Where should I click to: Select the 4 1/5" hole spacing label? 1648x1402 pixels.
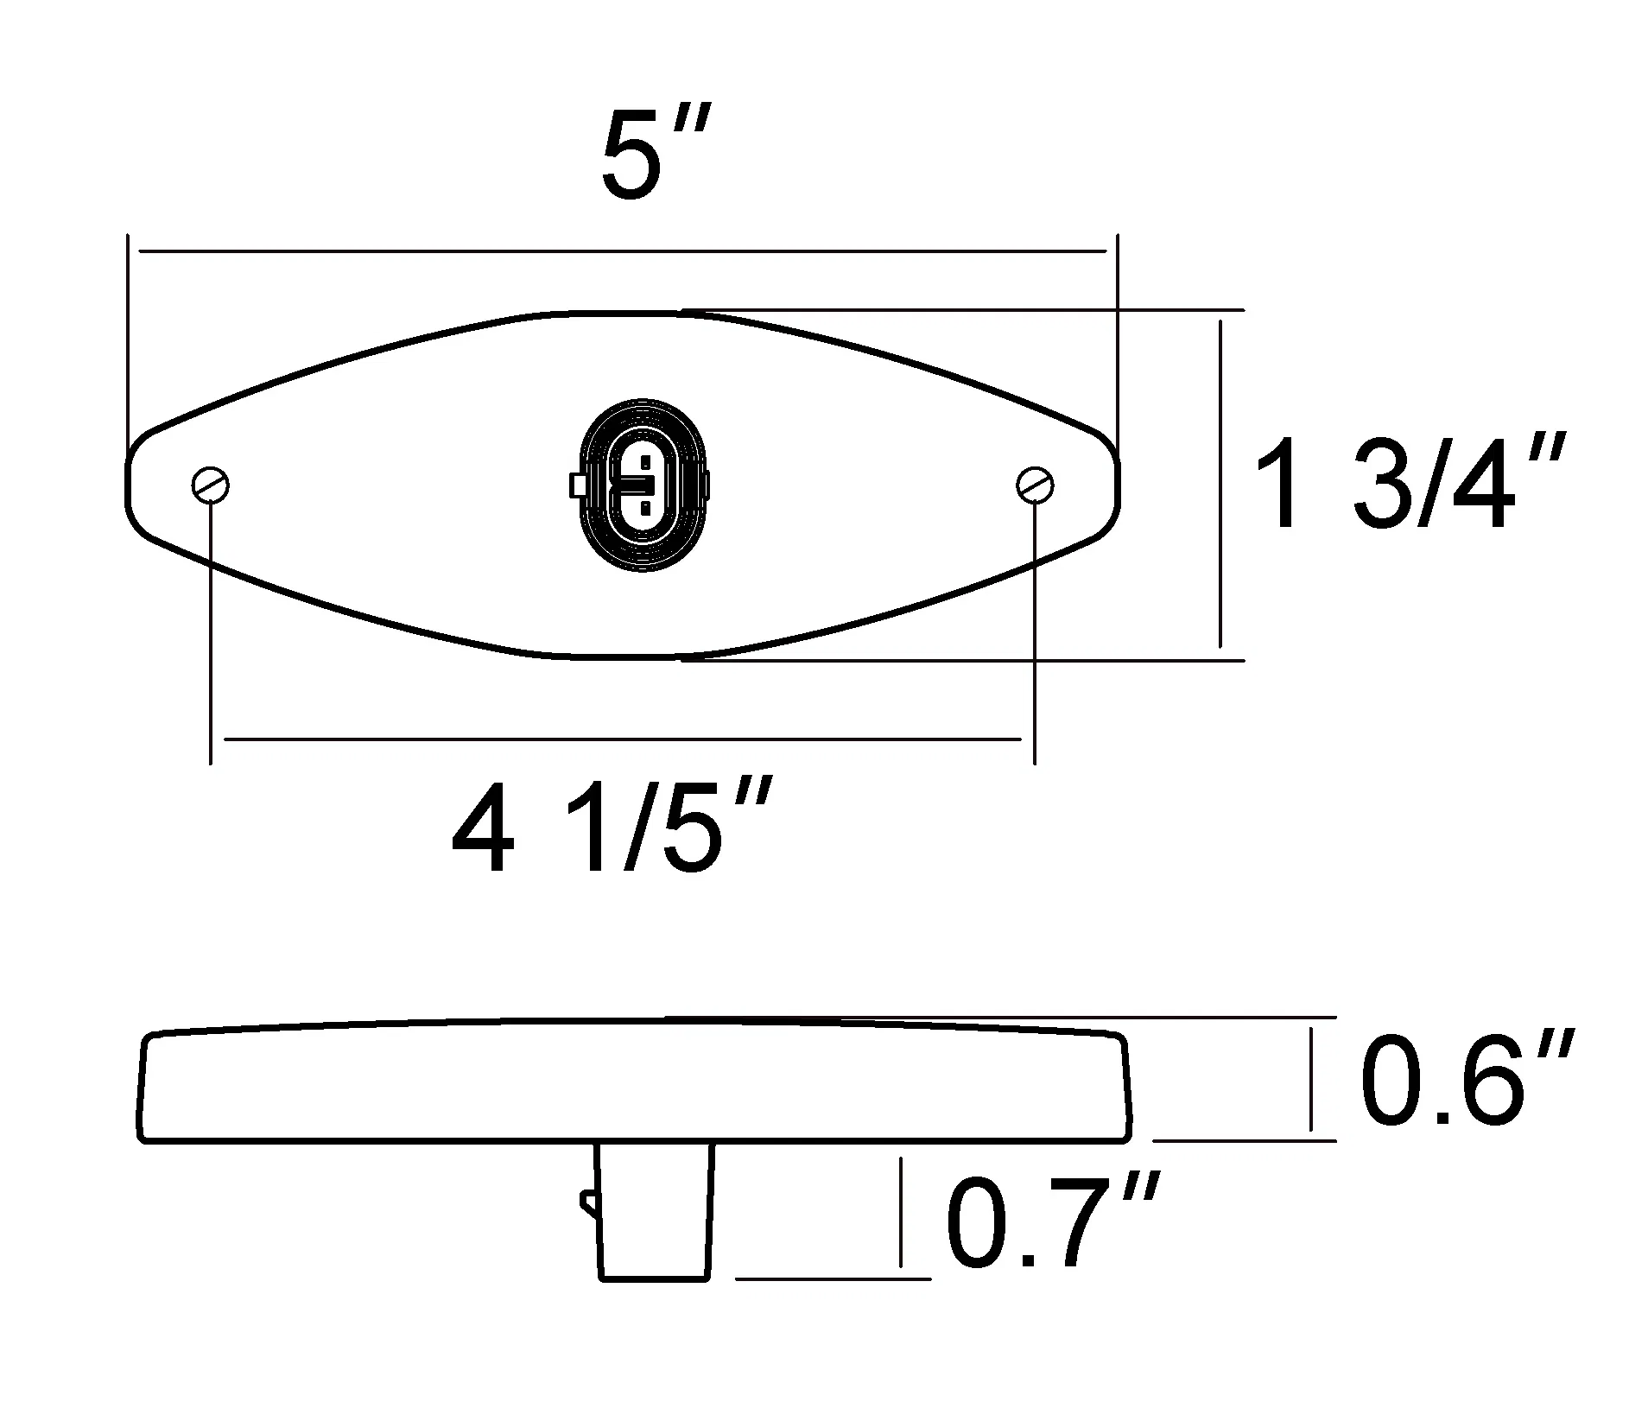point(609,827)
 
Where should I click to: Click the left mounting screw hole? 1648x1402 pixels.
point(211,485)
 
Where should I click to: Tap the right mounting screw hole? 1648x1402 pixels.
point(1035,485)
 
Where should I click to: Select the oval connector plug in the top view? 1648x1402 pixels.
point(643,485)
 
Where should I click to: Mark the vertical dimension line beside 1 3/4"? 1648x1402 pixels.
point(1220,484)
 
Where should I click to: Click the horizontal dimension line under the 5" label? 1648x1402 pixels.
point(622,251)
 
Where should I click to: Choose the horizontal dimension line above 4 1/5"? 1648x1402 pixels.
point(622,739)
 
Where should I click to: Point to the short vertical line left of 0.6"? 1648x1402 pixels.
point(1311,1078)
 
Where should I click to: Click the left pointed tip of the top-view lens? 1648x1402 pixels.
point(129,485)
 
